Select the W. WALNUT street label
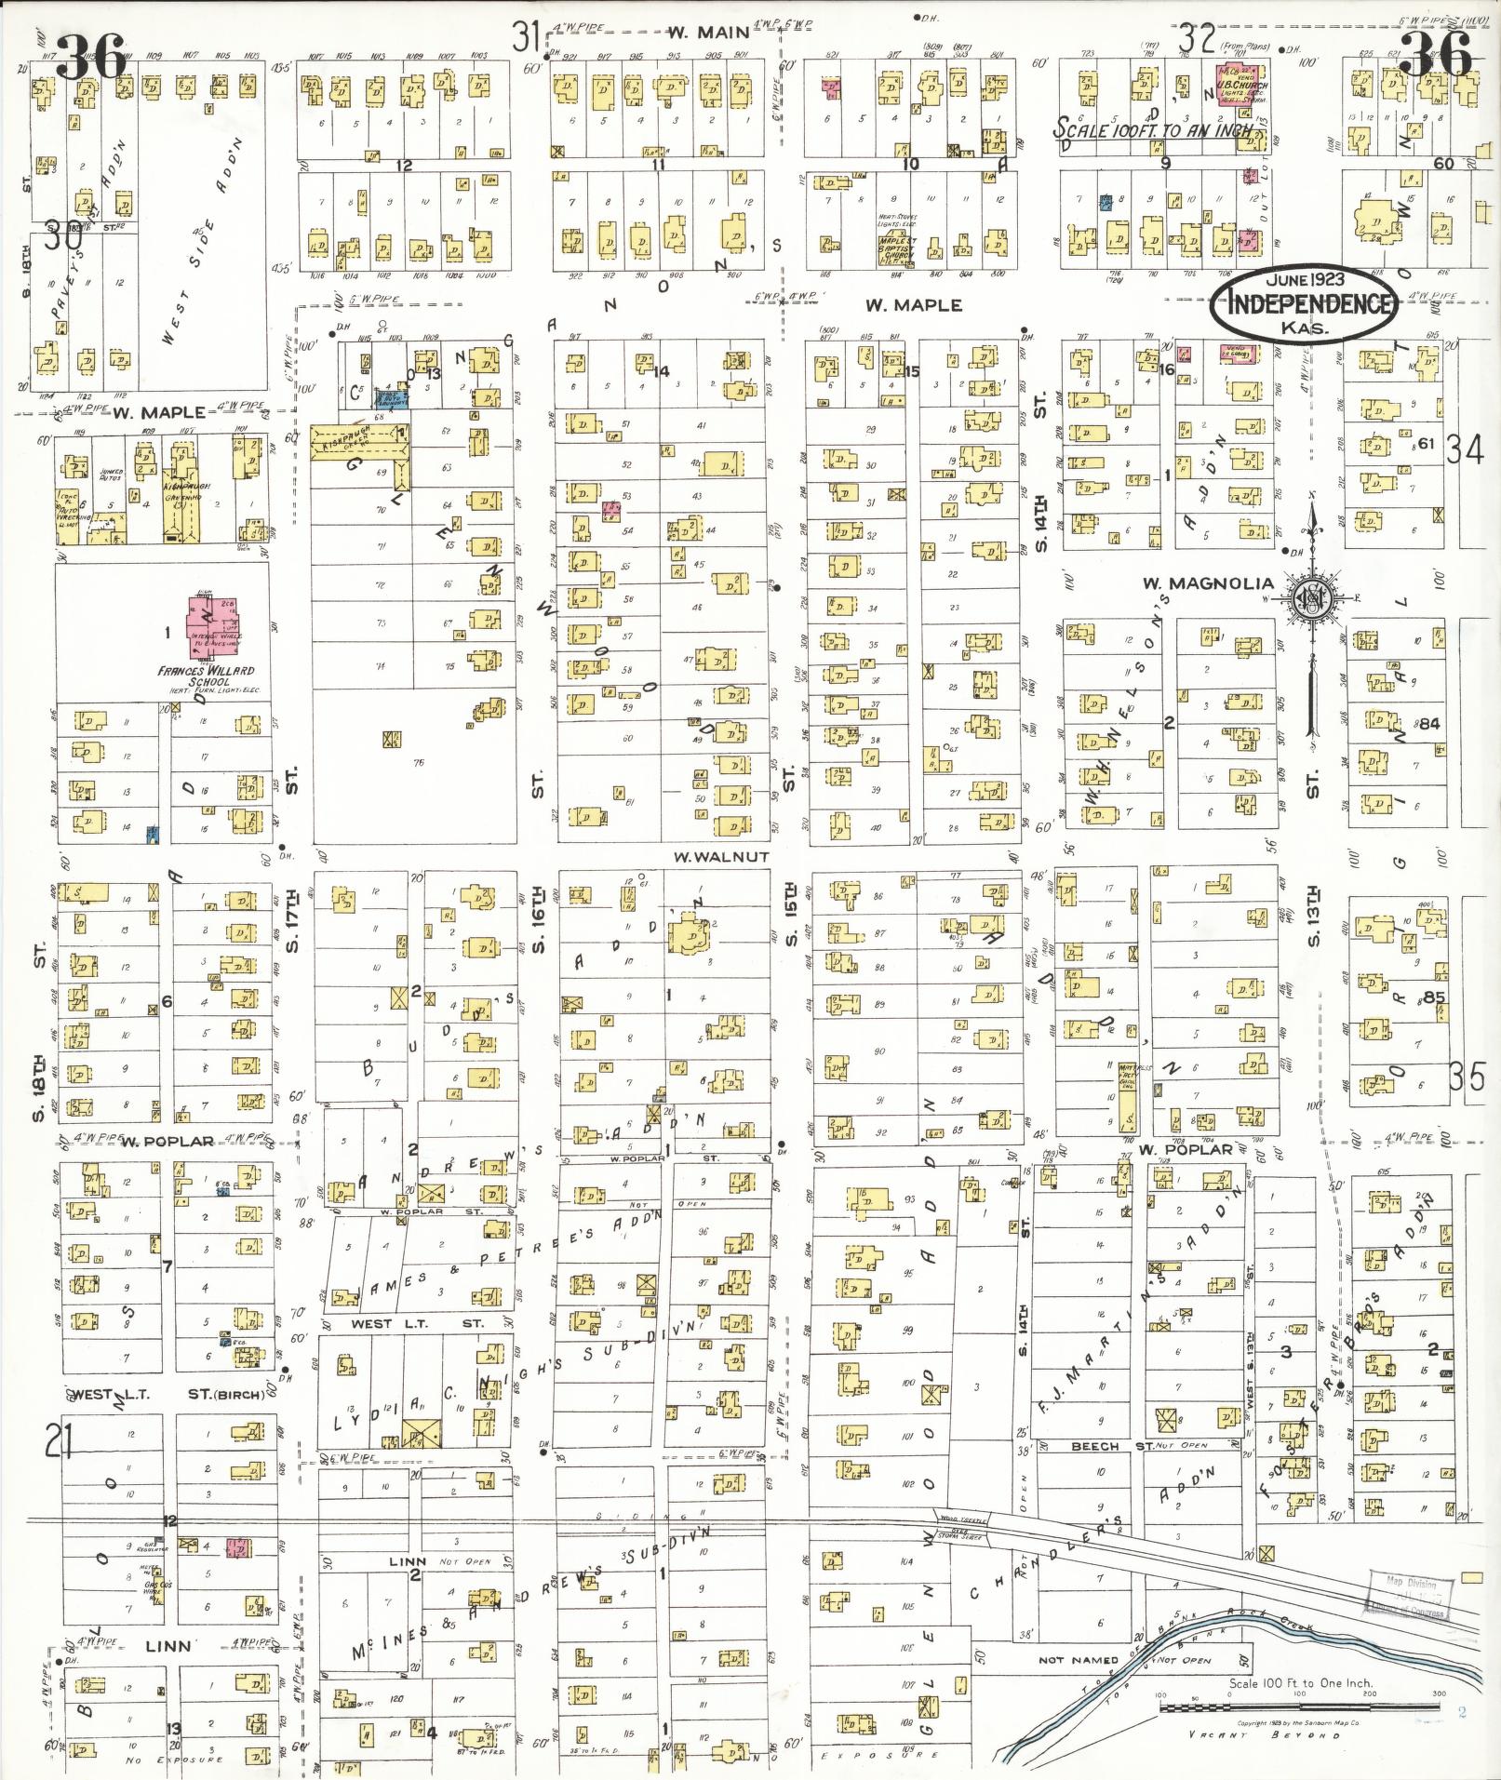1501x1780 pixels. tap(721, 856)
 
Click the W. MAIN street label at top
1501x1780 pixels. tap(709, 33)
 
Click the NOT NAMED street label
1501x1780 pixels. tap(1079, 1660)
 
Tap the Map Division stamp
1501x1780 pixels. tap(1410, 1596)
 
